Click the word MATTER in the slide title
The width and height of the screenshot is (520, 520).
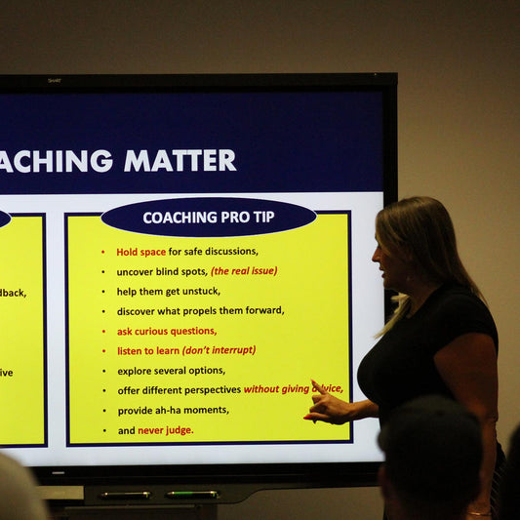(x=180, y=161)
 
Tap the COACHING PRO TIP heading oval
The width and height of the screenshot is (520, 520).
(x=208, y=217)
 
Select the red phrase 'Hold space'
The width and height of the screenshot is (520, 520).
(x=141, y=252)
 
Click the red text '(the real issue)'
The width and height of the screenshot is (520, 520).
(x=244, y=271)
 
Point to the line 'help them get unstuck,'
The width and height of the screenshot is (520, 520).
(x=169, y=291)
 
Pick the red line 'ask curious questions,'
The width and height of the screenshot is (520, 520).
(x=167, y=331)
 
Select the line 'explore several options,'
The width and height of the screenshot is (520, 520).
(x=171, y=371)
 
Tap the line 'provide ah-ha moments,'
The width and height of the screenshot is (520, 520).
(x=173, y=410)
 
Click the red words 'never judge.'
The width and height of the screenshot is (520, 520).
(x=166, y=430)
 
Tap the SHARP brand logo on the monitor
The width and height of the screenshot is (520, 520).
(x=55, y=81)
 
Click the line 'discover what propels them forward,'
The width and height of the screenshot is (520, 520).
(x=200, y=310)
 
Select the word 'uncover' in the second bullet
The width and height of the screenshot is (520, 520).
(x=135, y=271)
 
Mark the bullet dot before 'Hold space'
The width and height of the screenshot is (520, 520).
(x=103, y=252)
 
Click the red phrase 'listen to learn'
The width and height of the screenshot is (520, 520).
(x=147, y=350)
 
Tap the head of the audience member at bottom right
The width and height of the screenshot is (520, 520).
(x=429, y=454)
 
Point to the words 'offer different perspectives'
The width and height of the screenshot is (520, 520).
(x=179, y=390)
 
